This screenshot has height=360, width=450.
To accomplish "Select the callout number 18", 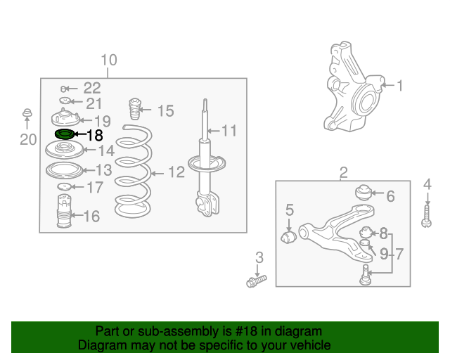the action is pyautogui.click(x=95, y=135).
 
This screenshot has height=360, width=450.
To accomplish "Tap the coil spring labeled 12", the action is pyautogui.click(x=133, y=171).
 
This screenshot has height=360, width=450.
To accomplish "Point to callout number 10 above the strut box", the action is pyautogui.click(x=109, y=60).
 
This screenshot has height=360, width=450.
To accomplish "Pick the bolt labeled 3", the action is pyautogui.click(x=256, y=281).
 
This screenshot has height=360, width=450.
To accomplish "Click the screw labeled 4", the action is pyautogui.click(x=427, y=217).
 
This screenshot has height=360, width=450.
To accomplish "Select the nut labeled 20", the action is pyautogui.click(x=27, y=112).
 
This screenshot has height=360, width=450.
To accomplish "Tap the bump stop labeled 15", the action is pyautogui.click(x=135, y=109).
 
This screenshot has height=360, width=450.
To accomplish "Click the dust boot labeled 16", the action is pyautogui.click(x=64, y=212).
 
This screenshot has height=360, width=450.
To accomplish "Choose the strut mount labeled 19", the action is pyautogui.click(x=65, y=117).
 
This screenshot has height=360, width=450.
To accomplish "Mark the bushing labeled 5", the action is pyautogui.click(x=288, y=237).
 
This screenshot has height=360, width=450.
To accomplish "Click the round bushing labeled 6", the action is pyautogui.click(x=364, y=193).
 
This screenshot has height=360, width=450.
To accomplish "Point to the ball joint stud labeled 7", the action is pyautogui.click(x=365, y=275).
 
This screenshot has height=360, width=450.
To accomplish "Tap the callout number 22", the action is pyautogui.click(x=92, y=88).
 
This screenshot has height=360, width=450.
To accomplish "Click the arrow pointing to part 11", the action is pyautogui.click(x=214, y=131).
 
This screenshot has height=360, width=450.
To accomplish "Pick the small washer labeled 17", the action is pyautogui.click(x=64, y=186).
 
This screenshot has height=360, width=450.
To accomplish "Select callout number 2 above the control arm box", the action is pyautogui.click(x=344, y=172).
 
